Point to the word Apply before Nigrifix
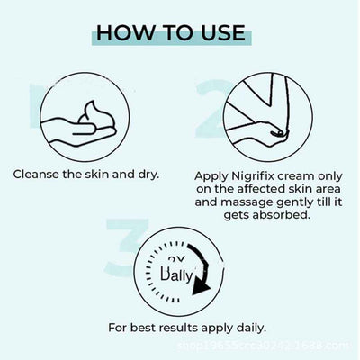tap(210, 177)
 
